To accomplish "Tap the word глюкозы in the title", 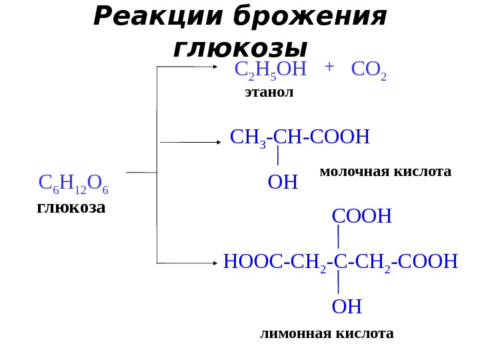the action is [x=240, y=48].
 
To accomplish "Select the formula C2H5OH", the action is [x=270, y=69].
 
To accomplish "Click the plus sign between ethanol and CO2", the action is [x=329, y=67].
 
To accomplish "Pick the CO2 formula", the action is [x=369, y=69].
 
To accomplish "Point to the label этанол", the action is [x=269, y=92].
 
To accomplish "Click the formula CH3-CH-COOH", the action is [x=299, y=137].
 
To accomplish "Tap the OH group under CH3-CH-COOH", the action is [x=282, y=182].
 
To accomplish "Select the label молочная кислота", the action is [x=385, y=172].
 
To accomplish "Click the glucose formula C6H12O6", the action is [x=73, y=183].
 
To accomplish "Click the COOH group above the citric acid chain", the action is [x=361, y=217].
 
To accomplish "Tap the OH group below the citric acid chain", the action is [x=347, y=307].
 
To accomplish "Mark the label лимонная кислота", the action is [x=327, y=333].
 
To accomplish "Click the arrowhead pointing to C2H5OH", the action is [x=215, y=67].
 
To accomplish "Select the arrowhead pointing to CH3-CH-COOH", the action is [x=218, y=142].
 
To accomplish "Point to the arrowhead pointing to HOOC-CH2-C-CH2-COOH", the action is [x=215, y=263].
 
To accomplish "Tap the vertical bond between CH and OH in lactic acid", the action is [x=277, y=157].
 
